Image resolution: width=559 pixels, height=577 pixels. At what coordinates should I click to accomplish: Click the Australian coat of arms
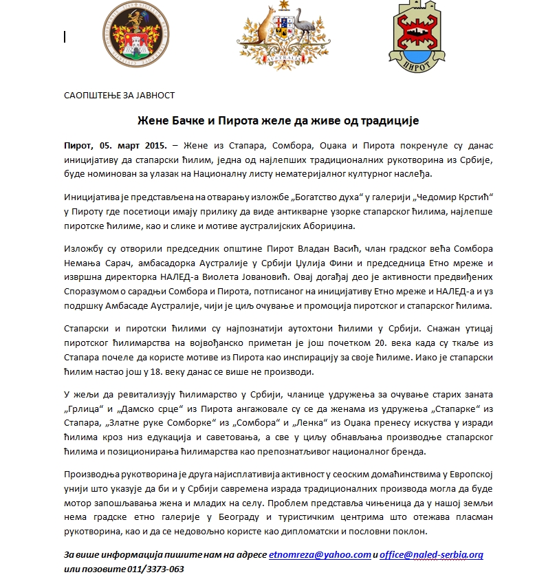279,34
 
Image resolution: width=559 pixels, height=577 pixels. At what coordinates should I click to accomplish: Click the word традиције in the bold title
386,121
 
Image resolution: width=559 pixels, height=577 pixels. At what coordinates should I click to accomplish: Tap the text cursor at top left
65,36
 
